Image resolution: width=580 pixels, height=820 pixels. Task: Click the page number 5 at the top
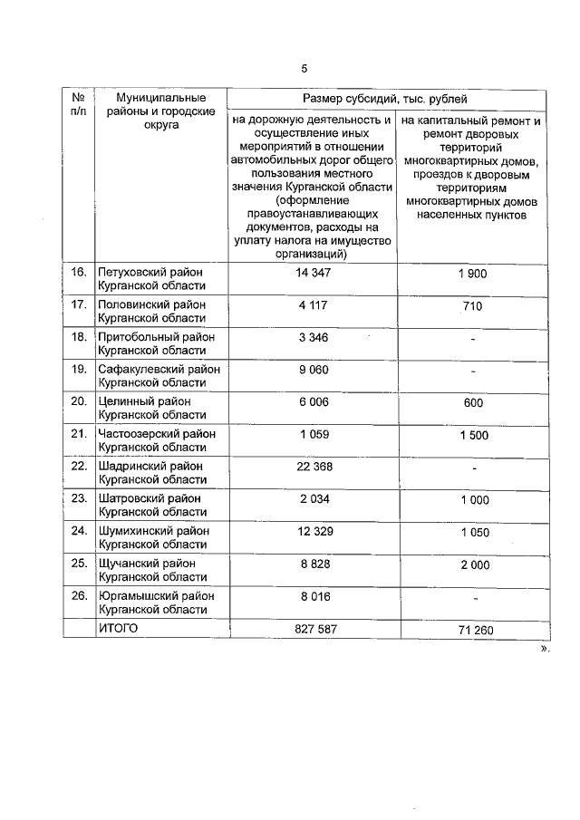[304, 68]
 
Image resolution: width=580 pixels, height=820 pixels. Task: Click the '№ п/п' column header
[78, 104]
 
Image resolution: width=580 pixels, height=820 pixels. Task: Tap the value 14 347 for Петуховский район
[312, 272]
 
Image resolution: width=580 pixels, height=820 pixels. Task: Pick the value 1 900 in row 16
[473, 273]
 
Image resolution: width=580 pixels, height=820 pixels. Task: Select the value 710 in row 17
[473, 306]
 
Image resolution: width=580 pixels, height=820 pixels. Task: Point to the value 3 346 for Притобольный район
[312, 337]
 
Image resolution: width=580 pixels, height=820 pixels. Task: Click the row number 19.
[79, 369]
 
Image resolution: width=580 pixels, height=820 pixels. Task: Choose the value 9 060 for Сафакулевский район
[312, 370]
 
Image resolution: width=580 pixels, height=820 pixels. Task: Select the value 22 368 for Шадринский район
[312, 466]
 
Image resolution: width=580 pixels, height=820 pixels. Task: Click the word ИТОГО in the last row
[118, 627]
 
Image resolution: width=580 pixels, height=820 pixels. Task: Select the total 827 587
[312, 627]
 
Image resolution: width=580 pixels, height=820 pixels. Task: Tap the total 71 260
[473, 628]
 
